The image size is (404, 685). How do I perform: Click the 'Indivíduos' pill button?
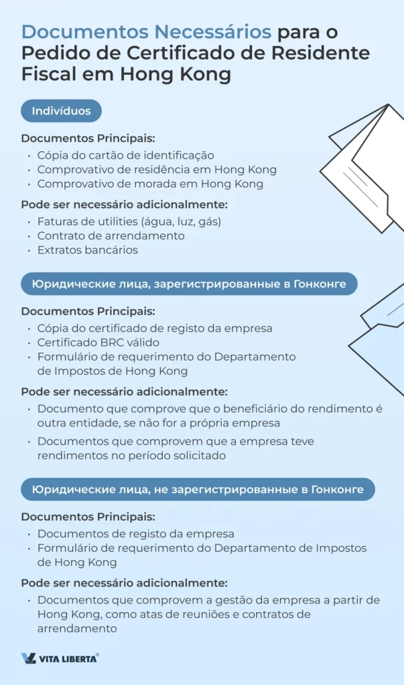pyautogui.click(x=61, y=111)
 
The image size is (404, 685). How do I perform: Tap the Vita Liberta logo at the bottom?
pyautogui.click(x=60, y=658)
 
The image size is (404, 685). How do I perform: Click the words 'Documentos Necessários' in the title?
pyautogui.click(x=147, y=31)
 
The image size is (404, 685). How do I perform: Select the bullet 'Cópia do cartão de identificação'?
pyautogui.click(x=125, y=155)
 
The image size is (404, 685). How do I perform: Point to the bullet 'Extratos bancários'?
pyautogui.click(x=87, y=250)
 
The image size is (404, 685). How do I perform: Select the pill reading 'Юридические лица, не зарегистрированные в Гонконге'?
pyautogui.click(x=198, y=490)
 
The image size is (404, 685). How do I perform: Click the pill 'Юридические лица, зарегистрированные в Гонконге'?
pyautogui.click(x=189, y=284)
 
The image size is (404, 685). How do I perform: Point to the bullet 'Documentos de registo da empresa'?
pyautogui.click(x=135, y=534)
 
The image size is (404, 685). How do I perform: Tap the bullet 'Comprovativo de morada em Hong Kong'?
pyautogui.click(x=150, y=183)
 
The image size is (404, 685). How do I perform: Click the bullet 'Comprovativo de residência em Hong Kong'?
pyautogui.click(x=157, y=169)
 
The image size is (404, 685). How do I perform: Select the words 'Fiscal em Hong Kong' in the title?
pyautogui.click(x=126, y=74)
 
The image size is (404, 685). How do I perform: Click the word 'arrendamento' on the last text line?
pyautogui.click(x=77, y=628)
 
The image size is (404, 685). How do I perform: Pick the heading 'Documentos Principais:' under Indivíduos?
pyautogui.click(x=88, y=138)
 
